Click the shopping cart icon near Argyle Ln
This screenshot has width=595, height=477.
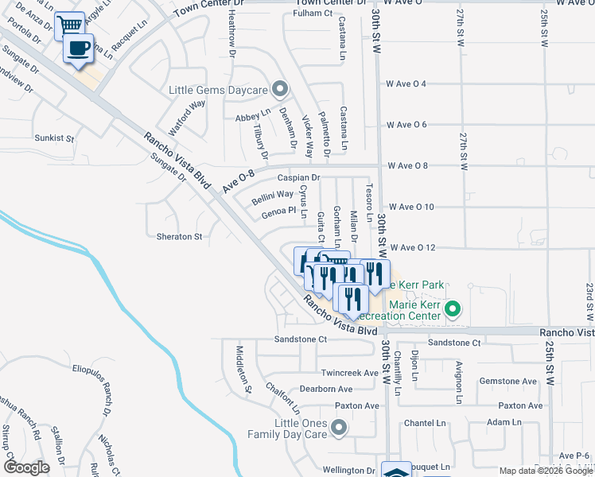pos(68,25)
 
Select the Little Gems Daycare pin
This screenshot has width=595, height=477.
pos(278,88)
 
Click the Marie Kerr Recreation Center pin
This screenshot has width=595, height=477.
pos(453,309)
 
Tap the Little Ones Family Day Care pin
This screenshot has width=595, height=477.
pos(340,429)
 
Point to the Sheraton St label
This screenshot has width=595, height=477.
pos(180,237)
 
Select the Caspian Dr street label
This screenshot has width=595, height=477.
pos(298,177)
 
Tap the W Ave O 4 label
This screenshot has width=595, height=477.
pos(406,83)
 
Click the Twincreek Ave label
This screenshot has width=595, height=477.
pos(349,373)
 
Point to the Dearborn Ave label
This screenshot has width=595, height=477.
pos(325,390)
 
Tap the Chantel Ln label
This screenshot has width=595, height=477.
pos(428,423)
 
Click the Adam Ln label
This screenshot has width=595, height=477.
pos(504,423)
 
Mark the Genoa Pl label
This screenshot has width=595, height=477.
pos(278,211)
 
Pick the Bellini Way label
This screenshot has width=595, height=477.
pos(272,194)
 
